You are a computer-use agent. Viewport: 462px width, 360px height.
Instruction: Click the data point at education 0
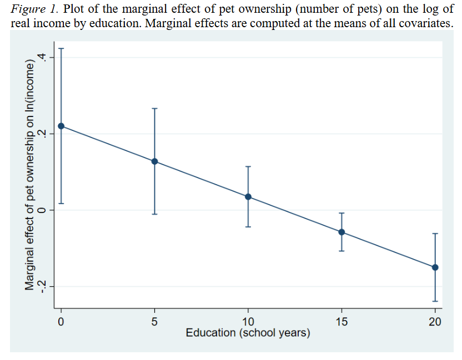click(61, 126)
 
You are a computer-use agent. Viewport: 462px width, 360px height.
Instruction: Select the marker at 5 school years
click(155, 161)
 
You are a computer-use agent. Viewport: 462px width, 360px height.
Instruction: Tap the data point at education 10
click(248, 197)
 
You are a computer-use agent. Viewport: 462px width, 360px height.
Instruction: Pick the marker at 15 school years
click(342, 232)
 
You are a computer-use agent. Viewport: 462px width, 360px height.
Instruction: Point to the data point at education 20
click(435, 267)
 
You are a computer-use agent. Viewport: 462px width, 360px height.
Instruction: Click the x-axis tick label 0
click(61, 321)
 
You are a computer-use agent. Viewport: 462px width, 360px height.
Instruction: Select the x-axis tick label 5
click(155, 321)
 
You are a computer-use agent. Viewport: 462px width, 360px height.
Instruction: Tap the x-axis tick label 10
click(248, 321)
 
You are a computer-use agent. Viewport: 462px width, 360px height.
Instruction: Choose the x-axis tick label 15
click(342, 321)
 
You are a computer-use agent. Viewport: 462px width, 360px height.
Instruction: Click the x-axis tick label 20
click(435, 321)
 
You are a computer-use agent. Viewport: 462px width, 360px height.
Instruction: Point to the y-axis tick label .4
click(38, 58)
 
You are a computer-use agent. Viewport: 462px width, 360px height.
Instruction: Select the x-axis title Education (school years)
click(248, 333)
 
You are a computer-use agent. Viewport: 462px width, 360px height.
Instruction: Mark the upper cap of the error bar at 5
click(155, 108)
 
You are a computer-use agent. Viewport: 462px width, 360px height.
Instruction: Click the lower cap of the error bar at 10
click(248, 227)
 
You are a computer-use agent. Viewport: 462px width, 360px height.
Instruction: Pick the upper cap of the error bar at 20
click(435, 234)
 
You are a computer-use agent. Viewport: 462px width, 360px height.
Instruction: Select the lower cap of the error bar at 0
click(61, 204)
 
